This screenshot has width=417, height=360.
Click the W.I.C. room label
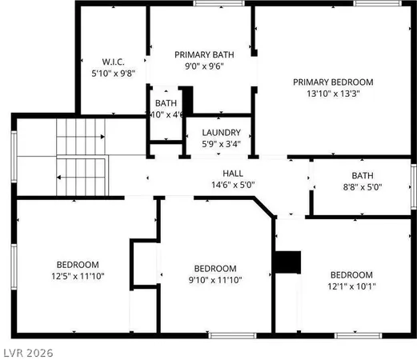pyautogui.click(x=111, y=61)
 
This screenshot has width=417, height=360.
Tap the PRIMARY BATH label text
pyautogui.click(x=204, y=54)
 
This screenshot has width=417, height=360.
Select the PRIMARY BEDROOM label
pyautogui.click(x=333, y=82)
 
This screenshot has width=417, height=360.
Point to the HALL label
pyautogui.click(x=233, y=173)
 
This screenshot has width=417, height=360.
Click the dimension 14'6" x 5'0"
pyautogui.click(x=233, y=184)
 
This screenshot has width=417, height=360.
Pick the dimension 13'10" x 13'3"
pyautogui.click(x=333, y=94)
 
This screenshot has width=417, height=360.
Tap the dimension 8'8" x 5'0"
pyautogui.click(x=363, y=188)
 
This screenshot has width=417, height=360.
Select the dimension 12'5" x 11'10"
pyautogui.click(x=78, y=276)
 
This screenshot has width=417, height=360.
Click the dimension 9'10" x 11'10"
pyautogui.click(x=216, y=280)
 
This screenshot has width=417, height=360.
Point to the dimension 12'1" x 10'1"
pyautogui.click(x=351, y=286)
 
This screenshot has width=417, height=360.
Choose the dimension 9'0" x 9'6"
pyautogui.click(x=204, y=67)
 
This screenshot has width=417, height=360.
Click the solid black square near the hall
pyautogui.click(x=287, y=262)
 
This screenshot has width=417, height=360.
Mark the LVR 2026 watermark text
pyautogui.click(x=27, y=351)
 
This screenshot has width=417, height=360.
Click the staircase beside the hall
pyautogui.click(x=80, y=156)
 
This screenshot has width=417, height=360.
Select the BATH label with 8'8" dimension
pyautogui.click(x=363, y=176)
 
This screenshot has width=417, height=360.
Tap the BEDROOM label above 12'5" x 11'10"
pyautogui.click(x=78, y=265)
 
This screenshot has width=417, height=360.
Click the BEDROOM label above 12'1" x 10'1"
pyautogui.click(x=351, y=274)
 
